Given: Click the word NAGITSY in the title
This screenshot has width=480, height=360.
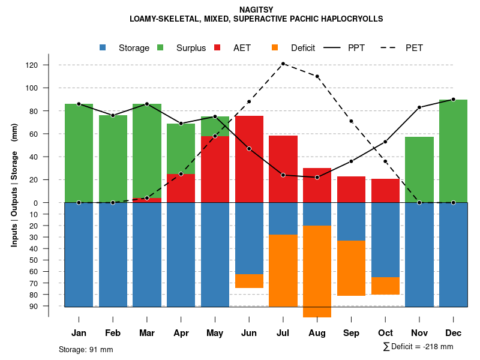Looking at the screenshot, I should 256,10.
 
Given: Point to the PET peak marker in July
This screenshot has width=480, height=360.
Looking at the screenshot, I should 283,64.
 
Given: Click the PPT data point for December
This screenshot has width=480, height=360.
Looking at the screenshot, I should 453,100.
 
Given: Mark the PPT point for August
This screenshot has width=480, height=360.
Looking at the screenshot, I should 317,177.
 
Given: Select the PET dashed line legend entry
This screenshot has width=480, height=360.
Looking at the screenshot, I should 414,48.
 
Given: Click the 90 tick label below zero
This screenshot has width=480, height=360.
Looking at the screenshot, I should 34,306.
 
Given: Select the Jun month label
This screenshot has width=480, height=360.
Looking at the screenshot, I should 248,333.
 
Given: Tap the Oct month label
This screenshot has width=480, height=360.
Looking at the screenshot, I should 385,333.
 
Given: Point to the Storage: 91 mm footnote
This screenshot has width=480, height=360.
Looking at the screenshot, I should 86,349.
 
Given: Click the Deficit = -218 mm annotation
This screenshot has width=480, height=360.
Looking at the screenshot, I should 418,346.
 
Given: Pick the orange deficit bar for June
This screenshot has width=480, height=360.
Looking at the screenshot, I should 248,281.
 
